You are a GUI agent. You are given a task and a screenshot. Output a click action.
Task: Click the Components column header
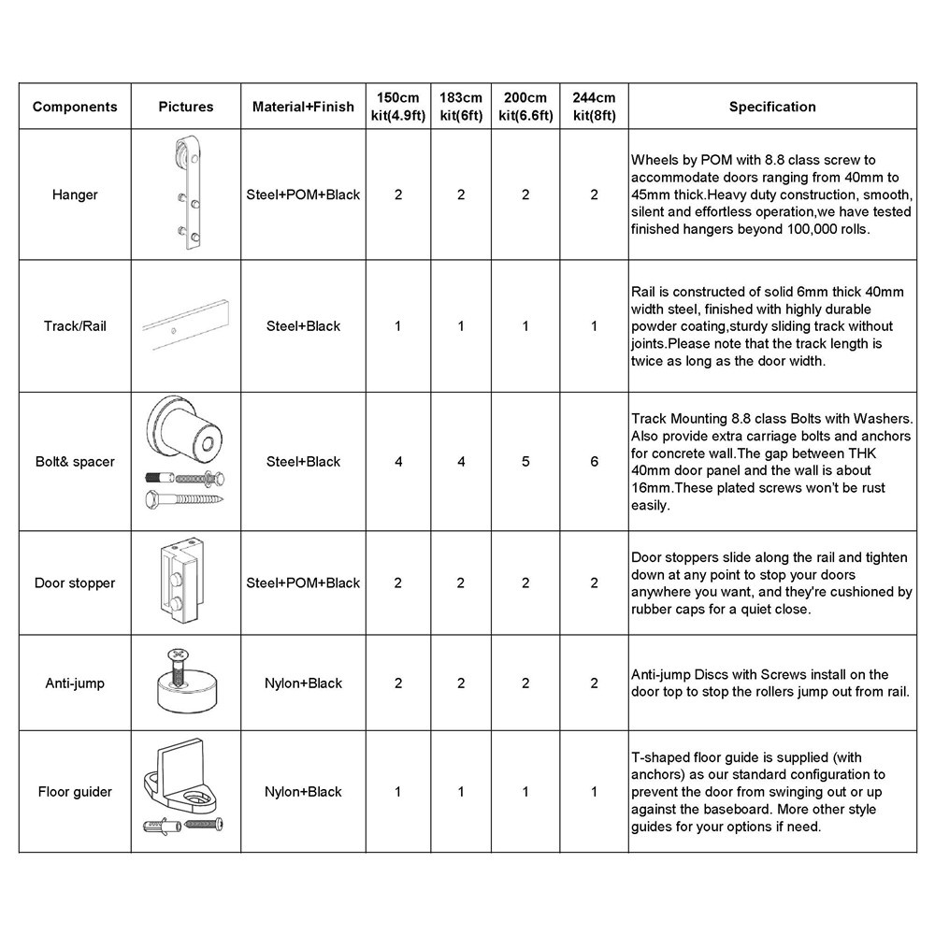click(75, 107)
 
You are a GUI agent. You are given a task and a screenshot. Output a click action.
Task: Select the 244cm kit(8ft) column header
click(594, 107)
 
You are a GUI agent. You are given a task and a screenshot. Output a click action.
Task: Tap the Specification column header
click(772, 107)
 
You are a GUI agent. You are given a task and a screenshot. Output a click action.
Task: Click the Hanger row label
click(75, 195)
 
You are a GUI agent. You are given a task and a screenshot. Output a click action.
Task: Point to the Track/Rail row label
click(75, 326)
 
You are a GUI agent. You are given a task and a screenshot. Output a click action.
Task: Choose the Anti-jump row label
click(75, 683)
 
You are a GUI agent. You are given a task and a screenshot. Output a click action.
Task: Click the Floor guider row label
click(75, 792)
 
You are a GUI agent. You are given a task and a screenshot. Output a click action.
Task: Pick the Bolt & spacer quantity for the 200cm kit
click(525, 462)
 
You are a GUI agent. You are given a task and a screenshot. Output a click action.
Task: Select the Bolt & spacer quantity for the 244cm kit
click(594, 462)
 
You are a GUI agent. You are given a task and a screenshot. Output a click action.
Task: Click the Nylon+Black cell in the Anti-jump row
click(303, 683)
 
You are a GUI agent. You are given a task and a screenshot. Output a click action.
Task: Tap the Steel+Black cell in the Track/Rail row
click(303, 326)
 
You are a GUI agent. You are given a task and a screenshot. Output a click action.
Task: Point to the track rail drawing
click(187, 327)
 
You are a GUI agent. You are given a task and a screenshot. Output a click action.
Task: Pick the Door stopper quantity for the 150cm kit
click(398, 583)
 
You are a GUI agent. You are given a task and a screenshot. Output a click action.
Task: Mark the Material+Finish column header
click(303, 107)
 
